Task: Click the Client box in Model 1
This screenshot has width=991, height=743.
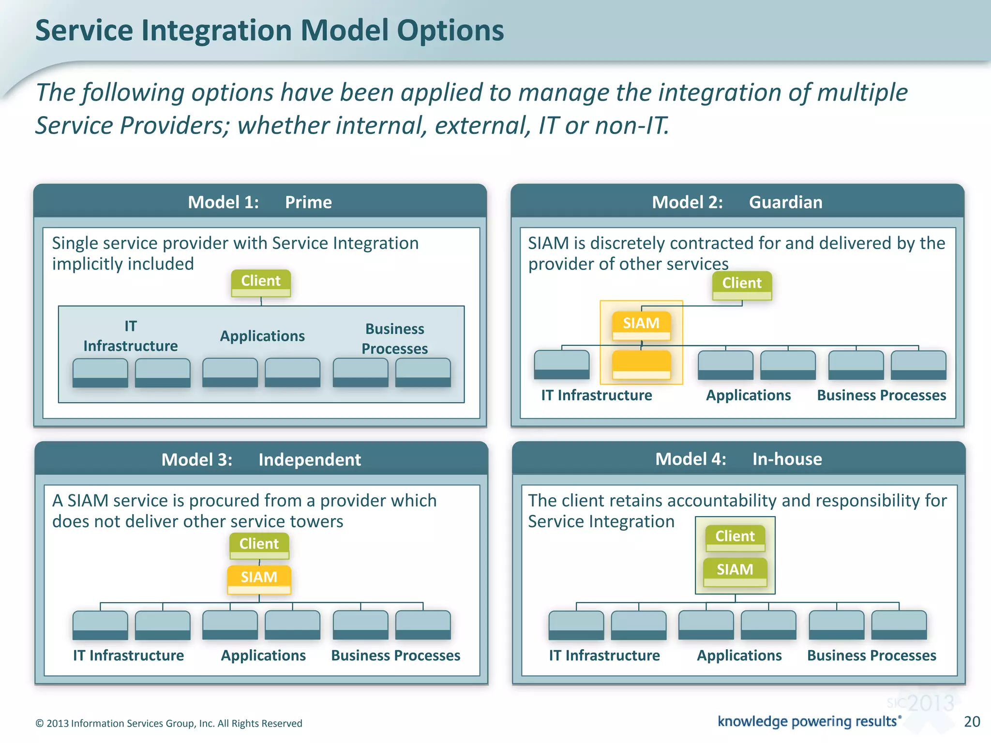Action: (261, 282)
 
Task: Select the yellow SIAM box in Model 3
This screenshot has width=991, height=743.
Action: (259, 579)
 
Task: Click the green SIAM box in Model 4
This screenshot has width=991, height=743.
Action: (735, 571)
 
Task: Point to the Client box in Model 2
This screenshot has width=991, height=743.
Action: (742, 285)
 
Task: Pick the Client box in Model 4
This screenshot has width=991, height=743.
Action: (735, 538)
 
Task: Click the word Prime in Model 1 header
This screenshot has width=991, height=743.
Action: (308, 202)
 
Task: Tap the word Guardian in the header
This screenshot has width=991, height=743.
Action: (785, 202)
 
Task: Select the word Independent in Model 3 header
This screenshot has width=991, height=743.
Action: (309, 460)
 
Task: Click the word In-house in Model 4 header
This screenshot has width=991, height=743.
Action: (787, 459)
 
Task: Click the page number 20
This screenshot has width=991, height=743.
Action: (972, 721)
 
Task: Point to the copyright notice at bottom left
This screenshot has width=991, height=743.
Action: (169, 723)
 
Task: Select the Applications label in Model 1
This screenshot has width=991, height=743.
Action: (262, 336)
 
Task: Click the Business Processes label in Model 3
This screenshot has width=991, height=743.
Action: (395, 655)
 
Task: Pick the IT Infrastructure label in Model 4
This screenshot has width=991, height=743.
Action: (604, 655)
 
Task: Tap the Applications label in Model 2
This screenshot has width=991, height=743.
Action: (748, 395)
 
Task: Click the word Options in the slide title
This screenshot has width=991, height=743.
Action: (450, 30)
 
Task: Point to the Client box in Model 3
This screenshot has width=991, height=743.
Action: (259, 545)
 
